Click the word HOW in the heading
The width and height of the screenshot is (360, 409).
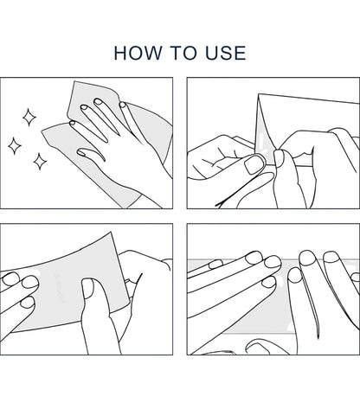click(x=138, y=53)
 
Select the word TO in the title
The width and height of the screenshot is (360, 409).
click(x=183, y=53)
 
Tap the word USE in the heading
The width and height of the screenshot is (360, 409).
click(x=226, y=53)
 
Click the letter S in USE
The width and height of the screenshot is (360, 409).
click(x=226, y=53)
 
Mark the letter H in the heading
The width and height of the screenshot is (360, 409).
click(x=120, y=53)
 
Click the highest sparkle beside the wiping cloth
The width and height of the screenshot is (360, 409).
click(x=29, y=117)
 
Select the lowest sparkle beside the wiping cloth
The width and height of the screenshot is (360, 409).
click(x=40, y=162)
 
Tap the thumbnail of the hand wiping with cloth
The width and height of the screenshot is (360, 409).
click(x=82, y=152)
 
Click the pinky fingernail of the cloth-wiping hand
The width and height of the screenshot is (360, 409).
click(x=123, y=105)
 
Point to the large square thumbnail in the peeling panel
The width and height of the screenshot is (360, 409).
click(x=254, y=164)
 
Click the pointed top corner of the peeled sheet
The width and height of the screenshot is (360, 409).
click(x=259, y=94)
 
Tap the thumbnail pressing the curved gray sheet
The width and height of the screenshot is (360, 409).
click(x=87, y=288)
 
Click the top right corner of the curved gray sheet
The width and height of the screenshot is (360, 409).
click(x=111, y=232)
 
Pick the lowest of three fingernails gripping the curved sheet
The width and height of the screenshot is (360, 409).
click(x=28, y=303)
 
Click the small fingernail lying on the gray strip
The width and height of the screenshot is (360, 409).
click(x=215, y=264)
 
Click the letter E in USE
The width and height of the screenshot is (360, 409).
click(x=241, y=53)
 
